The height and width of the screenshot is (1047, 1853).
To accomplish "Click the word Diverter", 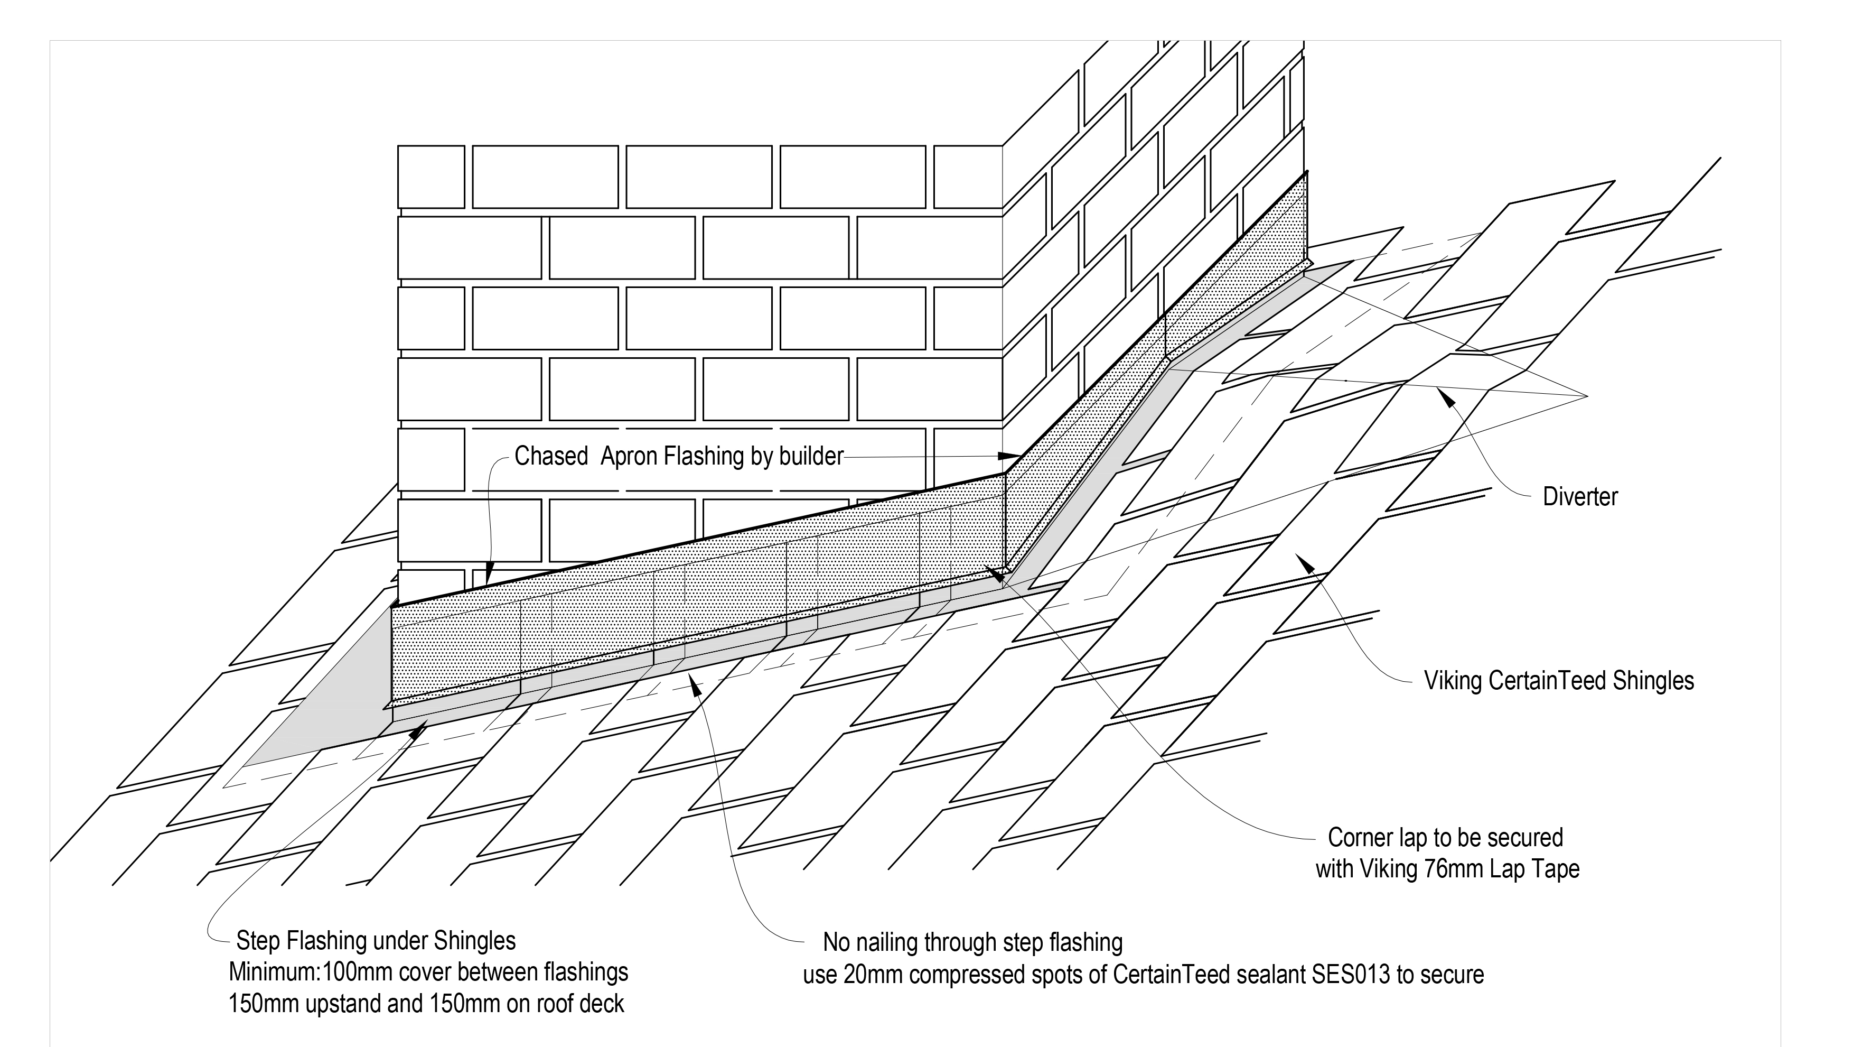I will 1580,496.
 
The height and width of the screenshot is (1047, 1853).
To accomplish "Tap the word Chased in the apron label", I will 551,456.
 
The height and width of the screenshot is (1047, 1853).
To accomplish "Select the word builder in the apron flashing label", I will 811,456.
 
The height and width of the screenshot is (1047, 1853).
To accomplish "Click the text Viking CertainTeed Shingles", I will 1559,681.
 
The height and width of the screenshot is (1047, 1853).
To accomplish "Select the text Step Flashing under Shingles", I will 376,940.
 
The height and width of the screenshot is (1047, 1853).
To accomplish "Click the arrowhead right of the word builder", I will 1010,456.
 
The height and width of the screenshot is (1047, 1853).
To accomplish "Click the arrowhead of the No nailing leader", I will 696,687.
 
